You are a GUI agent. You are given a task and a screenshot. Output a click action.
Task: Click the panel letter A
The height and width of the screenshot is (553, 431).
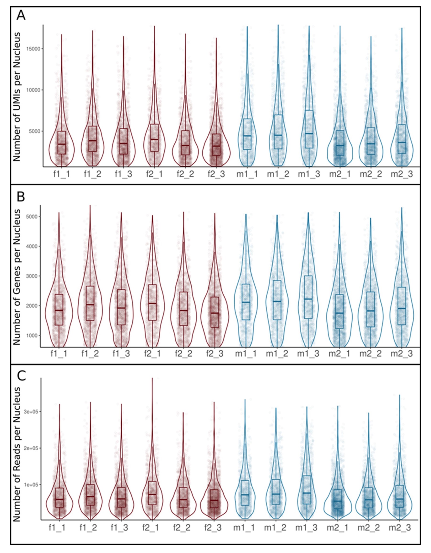21,16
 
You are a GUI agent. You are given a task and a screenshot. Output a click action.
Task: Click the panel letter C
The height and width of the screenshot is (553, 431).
21,376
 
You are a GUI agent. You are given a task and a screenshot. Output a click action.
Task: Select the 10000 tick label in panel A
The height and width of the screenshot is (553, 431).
34,90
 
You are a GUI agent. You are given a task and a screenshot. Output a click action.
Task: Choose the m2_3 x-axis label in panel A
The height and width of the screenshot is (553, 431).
402,174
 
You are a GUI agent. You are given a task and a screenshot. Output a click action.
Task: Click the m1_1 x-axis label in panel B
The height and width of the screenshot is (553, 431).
246,354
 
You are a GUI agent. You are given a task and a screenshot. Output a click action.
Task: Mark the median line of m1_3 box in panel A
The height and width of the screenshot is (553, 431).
309,133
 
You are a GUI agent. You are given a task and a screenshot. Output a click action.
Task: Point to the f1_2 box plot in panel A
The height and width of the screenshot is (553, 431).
92,139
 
